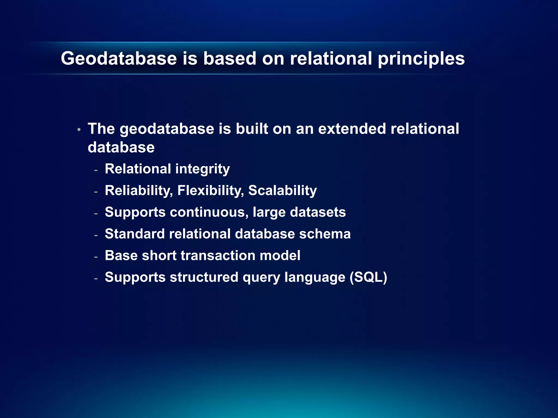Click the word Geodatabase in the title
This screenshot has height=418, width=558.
[119, 59]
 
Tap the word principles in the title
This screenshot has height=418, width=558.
[421, 59]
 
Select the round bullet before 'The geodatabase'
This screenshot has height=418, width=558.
[79, 130]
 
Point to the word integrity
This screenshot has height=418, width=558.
[202, 169]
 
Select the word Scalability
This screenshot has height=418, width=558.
[282, 190]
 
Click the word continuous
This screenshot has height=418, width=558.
[209, 212]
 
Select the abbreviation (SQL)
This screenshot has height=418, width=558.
[368, 277]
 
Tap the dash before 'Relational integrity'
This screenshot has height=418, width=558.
[96, 170]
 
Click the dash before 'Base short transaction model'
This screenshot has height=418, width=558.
[96, 257]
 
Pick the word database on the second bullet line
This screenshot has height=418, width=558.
[121, 147]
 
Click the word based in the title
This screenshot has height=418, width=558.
[229, 59]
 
